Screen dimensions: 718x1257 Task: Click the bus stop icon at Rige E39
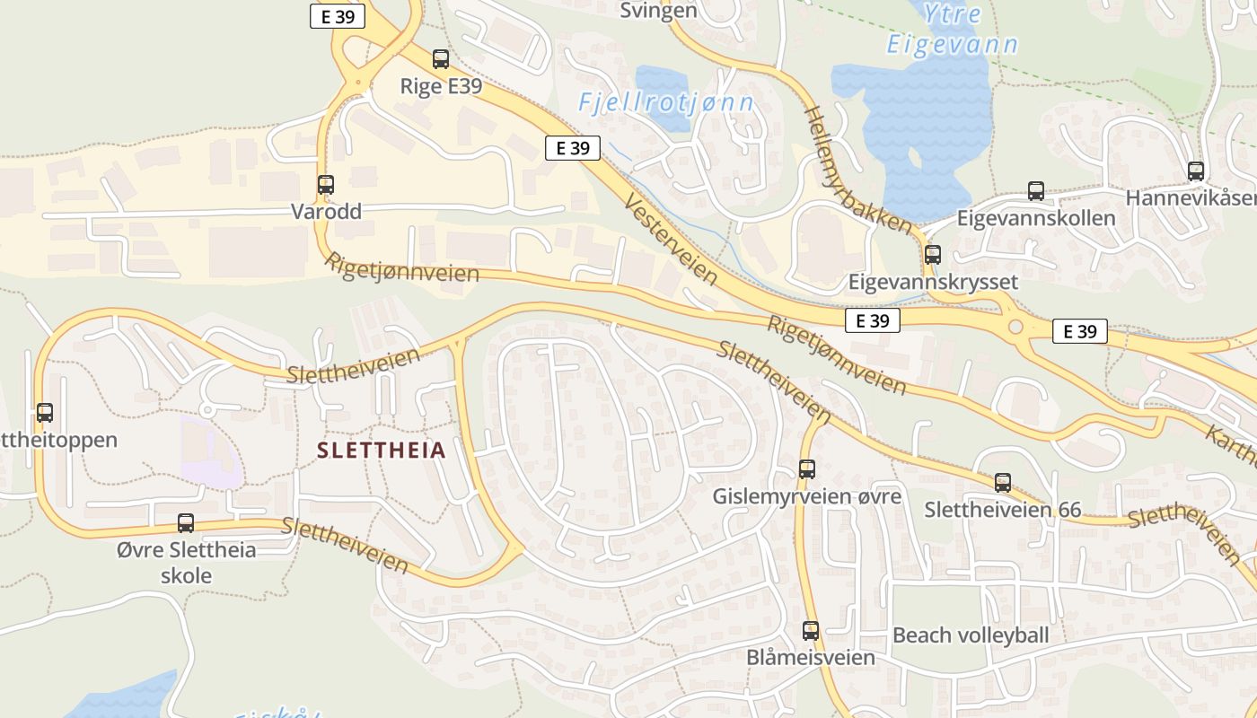(440, 59)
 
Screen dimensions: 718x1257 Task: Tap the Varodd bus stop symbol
(326, 185)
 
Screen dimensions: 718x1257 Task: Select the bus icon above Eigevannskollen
(1036, 191)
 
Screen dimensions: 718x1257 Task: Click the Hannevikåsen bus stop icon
(1195, 171)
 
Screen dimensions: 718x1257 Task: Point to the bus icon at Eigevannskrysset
(933, 255)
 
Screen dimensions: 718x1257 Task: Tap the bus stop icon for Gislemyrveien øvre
(807, 469)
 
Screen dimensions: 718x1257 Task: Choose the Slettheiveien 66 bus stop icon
(1003, 483)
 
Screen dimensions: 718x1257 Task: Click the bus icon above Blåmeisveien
(811, 631)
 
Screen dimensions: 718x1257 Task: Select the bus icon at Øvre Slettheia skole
(186, 523)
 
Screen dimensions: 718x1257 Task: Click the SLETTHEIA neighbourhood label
(381, 451)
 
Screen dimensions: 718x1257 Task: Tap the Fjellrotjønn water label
(666, 103)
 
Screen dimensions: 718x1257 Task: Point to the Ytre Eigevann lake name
(952, 29)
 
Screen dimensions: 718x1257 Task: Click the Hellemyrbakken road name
(857, 171)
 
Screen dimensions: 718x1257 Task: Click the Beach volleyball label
(970, 635)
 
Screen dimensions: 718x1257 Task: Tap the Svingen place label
(658, 11)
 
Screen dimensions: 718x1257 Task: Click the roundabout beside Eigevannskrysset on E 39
(1015, 328)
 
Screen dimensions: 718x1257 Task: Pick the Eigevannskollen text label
(1036, 218)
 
